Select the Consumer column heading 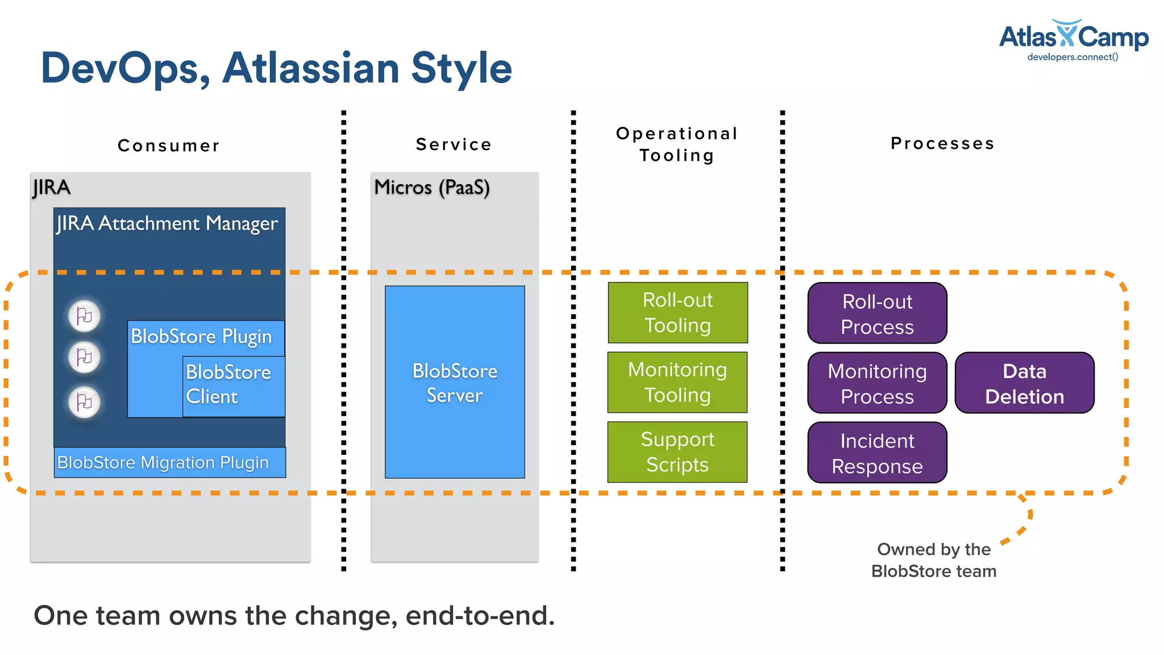[169, 146]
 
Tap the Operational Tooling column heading [677, 144]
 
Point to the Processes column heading [942, 143]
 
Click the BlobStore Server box [455, 382]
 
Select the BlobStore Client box [233, 385]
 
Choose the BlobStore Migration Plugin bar [169, 462]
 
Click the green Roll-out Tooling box [677, 313]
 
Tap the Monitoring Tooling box [677, 382]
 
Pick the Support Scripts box [677, 452]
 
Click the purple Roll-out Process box [877, 313]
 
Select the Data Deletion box [1024, 383]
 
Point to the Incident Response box [877, 453]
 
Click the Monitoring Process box [877, 383]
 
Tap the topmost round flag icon [84, 316]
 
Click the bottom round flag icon [84, 402]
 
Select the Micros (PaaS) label [431, 188]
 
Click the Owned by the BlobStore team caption [934, 560]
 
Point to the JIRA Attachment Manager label [167, 223]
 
